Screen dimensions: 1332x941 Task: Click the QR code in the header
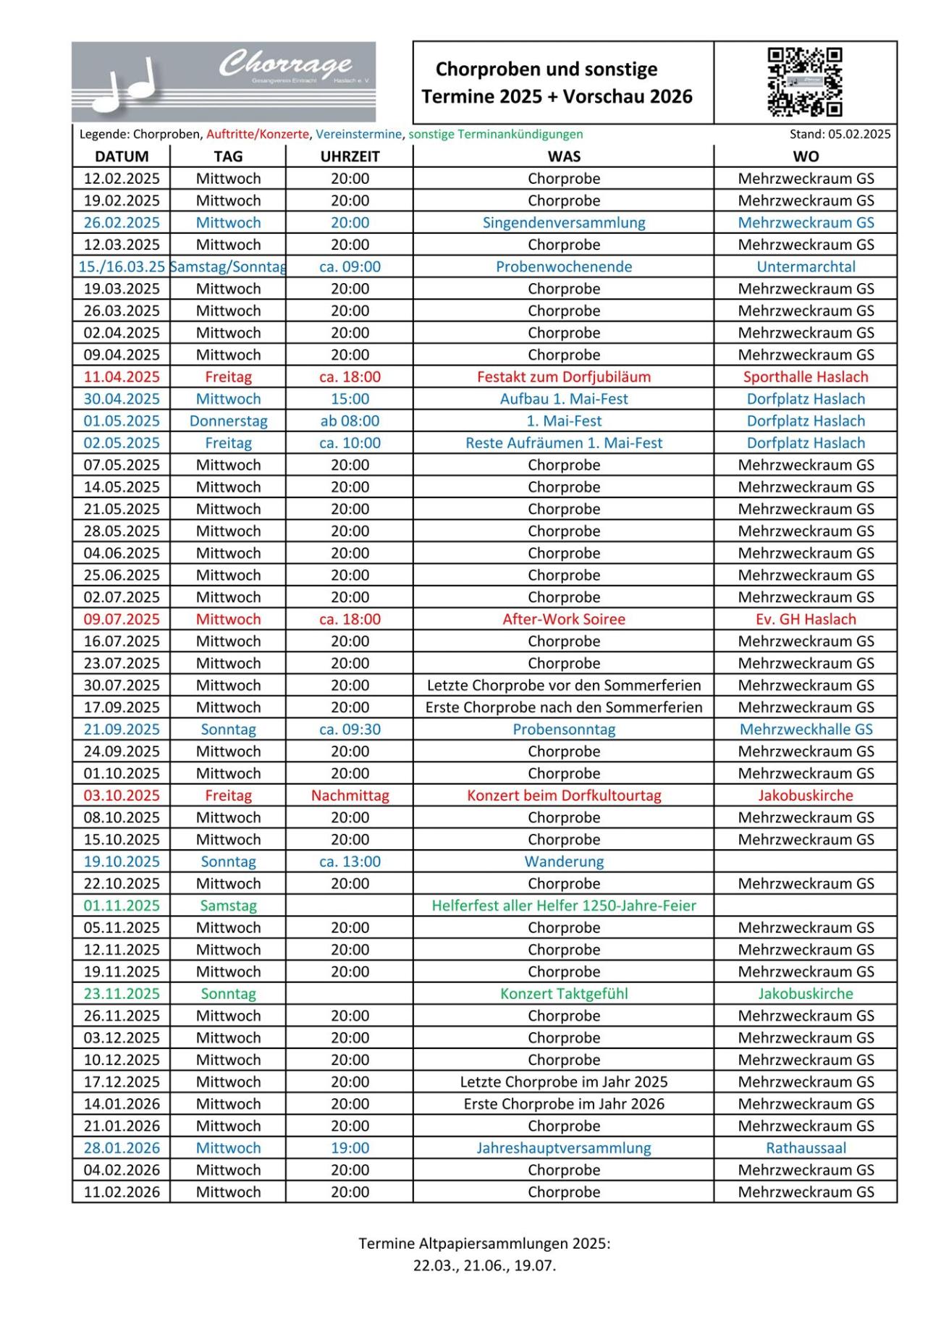tap(804, 82)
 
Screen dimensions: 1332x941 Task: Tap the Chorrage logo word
tap(285, 64)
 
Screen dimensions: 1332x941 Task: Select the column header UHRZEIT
tap(350, 156)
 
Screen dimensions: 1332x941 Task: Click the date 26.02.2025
tap(122, 222)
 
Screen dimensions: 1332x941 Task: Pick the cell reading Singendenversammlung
tap(563, 222)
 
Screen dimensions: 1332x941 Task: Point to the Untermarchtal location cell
tap(805, 266)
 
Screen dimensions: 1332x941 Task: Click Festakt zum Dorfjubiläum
tap(563, 376)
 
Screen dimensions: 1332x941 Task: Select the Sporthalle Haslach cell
tap(805, 376)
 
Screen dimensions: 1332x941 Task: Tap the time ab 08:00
tap(350, 421)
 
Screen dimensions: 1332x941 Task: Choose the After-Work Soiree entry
tap(563, 619)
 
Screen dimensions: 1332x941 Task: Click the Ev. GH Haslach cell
tap(805, 619)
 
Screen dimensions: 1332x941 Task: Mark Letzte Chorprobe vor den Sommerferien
tap(563, 685)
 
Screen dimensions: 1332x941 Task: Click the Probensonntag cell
tap(563, 729)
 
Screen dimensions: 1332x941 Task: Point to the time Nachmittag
tap(350, 795)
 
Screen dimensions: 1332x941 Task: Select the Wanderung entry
tap(563, 861)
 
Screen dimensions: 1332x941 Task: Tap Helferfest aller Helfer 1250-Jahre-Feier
tap(563, 905)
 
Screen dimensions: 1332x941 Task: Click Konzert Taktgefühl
tap(563, 993)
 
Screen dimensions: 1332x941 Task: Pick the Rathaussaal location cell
tap(805, 1147)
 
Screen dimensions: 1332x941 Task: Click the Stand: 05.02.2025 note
tap(840, 134)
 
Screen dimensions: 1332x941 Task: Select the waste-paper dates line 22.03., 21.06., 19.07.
tap(484, 1266)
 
